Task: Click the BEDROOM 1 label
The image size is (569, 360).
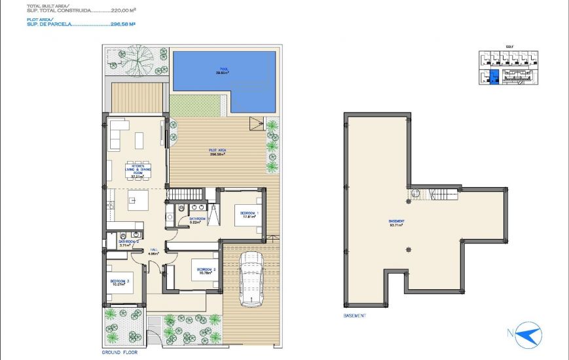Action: (x=249, y=215)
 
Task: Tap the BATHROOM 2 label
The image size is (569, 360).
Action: (x=128, y=243)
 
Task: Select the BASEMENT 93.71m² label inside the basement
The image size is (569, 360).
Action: (x=395, y=223)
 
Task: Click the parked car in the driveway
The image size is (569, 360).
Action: (x=250, y=279)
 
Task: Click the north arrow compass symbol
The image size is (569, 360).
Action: (x=528, y=336)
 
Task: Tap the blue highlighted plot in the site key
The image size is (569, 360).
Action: (x=494, y=77)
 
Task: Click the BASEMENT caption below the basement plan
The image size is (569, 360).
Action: (x=355, y=315)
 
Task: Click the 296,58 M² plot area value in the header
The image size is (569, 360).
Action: (x=122, y=24)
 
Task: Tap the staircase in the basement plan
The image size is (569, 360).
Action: (x=445, y=194)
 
